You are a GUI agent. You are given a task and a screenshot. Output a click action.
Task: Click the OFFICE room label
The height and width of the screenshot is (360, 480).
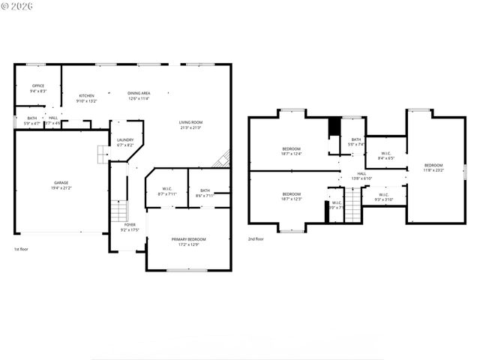[x=37, y=85]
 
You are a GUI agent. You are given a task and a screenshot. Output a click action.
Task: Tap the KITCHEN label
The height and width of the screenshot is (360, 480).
[x=87, y=96]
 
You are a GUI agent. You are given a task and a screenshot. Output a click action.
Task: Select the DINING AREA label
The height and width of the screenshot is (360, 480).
[x=139, y=93]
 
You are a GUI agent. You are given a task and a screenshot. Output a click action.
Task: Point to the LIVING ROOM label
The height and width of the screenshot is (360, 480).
[x=190, y=122]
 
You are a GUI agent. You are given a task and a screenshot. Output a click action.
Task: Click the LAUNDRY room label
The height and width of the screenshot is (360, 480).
[x=125, y=139]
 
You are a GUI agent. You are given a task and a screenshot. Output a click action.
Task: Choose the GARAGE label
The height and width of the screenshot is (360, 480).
[x=61, y=183]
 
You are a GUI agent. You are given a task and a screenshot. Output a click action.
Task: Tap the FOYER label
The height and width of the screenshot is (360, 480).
[x=130, y=224]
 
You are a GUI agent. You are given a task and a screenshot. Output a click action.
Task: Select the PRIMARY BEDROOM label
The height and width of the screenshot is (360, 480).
[x=188, y=239]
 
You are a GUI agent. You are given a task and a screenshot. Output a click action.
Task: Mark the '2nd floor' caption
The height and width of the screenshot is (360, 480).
[x=256, y=239]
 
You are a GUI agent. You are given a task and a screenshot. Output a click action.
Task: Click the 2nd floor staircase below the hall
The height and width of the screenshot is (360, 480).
[x=352, y=206]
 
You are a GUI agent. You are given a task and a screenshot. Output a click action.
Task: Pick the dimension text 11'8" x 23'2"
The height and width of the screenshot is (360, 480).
[x=433, y=170]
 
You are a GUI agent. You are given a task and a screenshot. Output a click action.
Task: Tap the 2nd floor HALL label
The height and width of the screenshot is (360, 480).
[x=361, y=173]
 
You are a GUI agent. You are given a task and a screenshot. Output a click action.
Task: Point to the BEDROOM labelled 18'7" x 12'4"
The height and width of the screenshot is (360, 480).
[x=291, y=148]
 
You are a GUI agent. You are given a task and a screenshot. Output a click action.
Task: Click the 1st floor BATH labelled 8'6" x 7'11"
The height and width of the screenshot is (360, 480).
[x=205, y=190]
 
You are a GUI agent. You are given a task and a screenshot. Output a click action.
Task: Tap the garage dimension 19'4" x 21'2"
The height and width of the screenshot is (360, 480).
[x=61, y=188]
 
